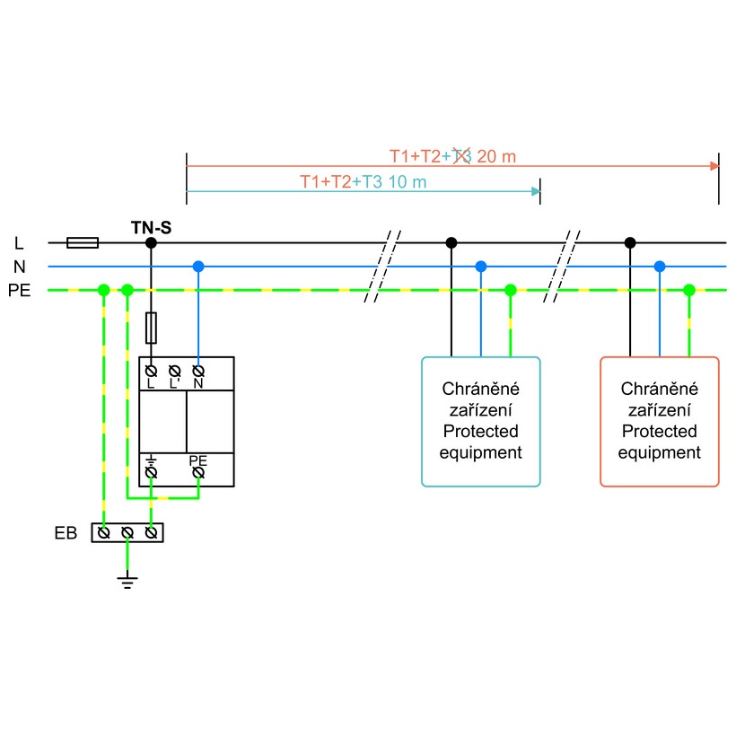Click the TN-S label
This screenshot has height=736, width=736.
click(x=151, y=227)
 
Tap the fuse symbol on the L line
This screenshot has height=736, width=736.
click(x=83, y=242)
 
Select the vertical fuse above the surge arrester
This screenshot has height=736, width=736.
click(x=152, y=328)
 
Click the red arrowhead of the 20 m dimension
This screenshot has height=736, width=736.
click(x=714, y=166)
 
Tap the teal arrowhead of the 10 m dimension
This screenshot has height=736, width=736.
click(x=536, y=191)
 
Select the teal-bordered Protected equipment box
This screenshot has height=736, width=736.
click(x=481, y=422)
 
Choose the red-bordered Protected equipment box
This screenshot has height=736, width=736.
click(x=660, y=422)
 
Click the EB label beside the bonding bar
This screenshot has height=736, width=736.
click(x=66, y=533)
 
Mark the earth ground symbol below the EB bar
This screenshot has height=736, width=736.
click(x=127, y=583)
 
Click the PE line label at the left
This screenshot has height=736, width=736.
click(x=19, y=291)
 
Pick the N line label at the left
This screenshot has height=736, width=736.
click(x=19, y=267)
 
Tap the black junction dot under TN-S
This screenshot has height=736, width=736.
click(x=152, y=242)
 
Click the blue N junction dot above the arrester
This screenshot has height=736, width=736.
click(x=198, y=267)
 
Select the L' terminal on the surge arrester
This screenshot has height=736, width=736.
click(x=175, y=371)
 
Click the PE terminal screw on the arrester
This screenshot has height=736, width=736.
click(x=198, y=471)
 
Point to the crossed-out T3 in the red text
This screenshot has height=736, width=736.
click(x=461, y=156)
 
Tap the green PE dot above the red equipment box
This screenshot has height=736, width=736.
click(x=689, y=290)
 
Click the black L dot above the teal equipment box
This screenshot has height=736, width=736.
click(x=451, y=242)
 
